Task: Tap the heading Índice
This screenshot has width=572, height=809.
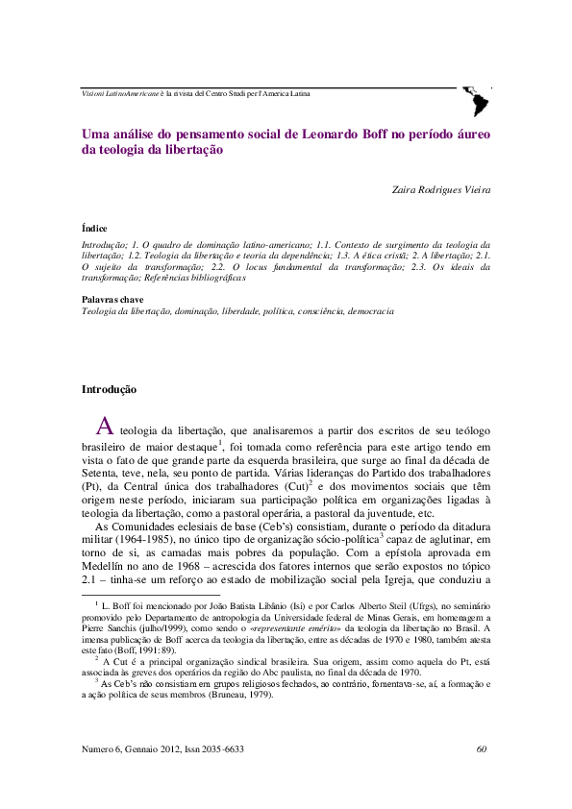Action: click(x=94, y=229)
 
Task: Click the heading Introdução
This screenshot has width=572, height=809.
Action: click(x=109, y=390)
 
